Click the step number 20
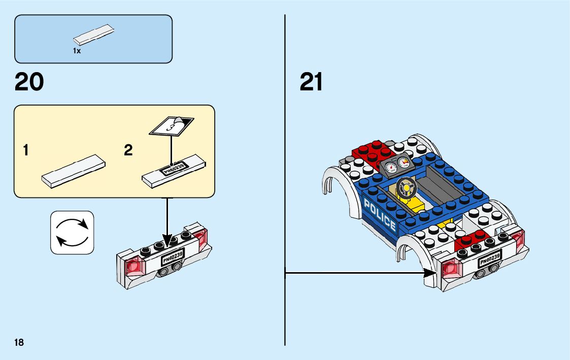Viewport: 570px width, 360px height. pos(29,82)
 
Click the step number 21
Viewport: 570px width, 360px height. pos(311,82)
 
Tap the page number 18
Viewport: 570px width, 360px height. pos(19,342)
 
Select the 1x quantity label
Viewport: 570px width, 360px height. pos(77,51)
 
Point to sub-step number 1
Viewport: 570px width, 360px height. pos(25,150)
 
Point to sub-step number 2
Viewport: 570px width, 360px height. pos(128,150)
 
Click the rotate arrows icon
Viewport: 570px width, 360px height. pos(72,232)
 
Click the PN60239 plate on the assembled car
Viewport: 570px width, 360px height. pos(490,259)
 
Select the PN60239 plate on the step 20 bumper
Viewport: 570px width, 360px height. pos(173,256)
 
